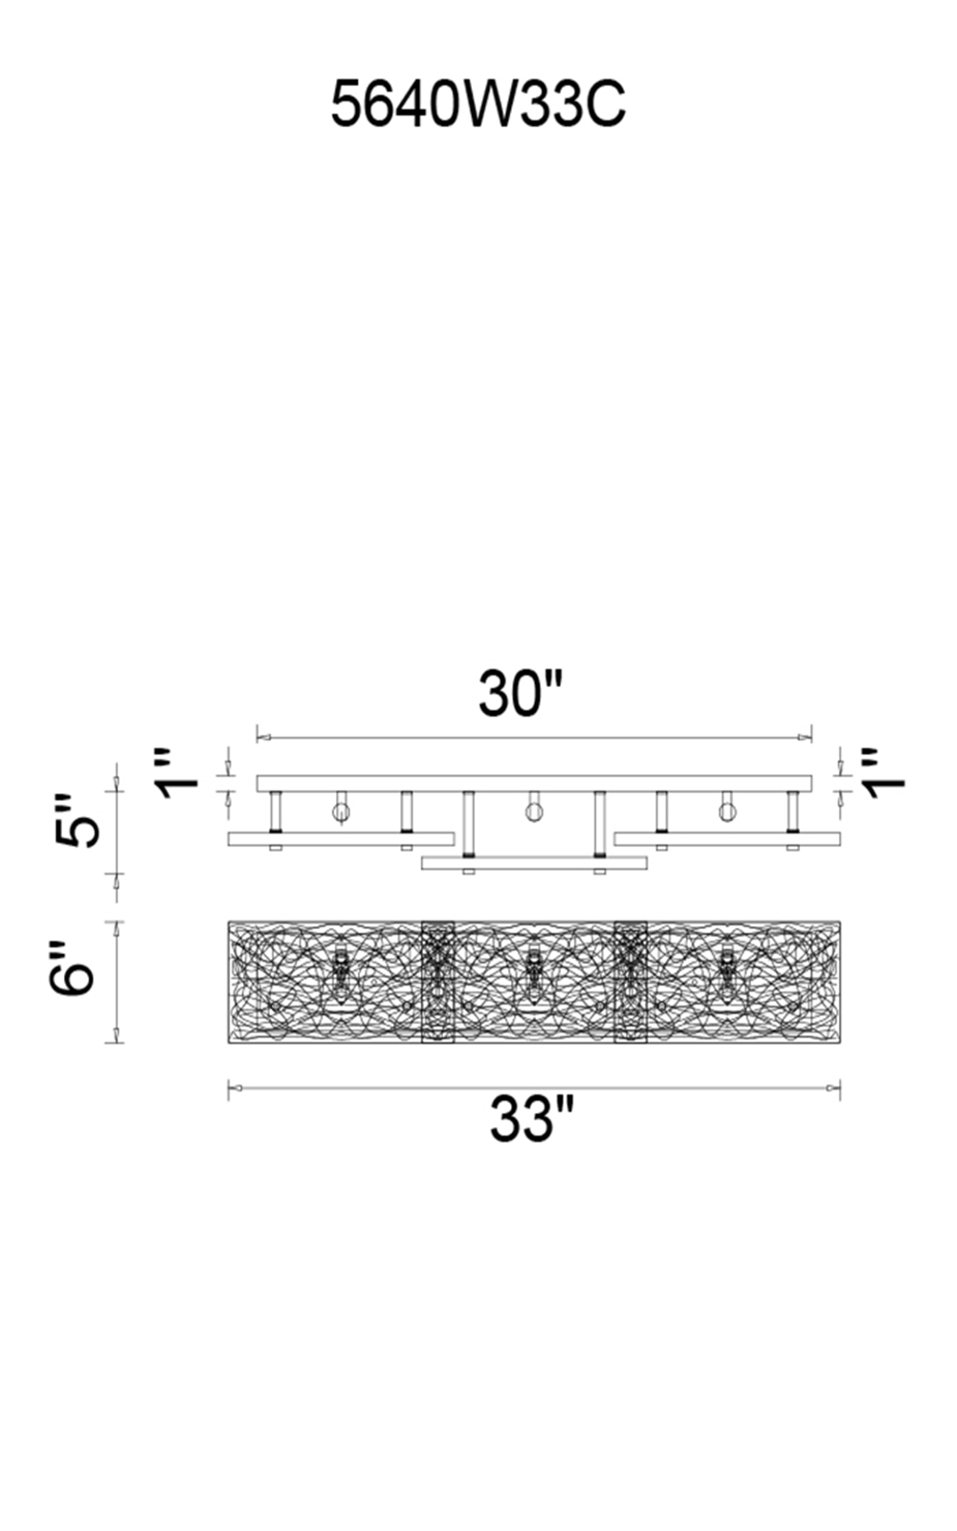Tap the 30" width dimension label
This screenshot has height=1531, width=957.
click(x=521, y=694)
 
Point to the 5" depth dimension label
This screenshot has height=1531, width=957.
click(x=77, y=821)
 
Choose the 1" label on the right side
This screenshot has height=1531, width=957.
click(x=883, y=774)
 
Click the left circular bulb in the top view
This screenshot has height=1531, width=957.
click(x=341, y=812)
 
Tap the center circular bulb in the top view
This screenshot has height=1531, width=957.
click(x=534, y=812)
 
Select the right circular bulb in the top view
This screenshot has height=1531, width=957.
click(x=728, y=812)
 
